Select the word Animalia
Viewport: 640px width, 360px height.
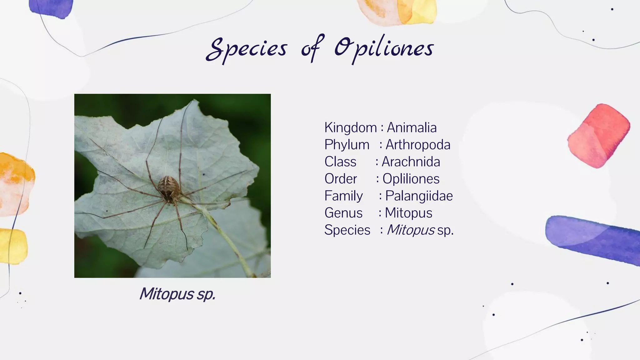pos(412,127)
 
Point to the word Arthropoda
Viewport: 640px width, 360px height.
pos(418,145)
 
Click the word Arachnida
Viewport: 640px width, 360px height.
pos(411,162)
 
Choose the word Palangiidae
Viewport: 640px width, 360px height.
pos(419,196)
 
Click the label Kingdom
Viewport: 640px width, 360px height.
pos(350,127)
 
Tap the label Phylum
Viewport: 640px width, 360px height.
pos(347,145)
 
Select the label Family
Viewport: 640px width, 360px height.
pos(343,196)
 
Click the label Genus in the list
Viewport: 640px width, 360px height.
pos(343,213)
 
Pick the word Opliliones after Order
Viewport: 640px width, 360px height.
pos(411,179)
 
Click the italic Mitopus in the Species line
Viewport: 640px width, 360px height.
pos(411,230)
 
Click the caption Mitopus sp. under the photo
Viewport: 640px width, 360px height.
pos(177,294)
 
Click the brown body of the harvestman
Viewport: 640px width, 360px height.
pos(169,187)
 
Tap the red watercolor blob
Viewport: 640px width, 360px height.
pos(598,136)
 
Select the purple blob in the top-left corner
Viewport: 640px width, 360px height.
pos(52,8)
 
